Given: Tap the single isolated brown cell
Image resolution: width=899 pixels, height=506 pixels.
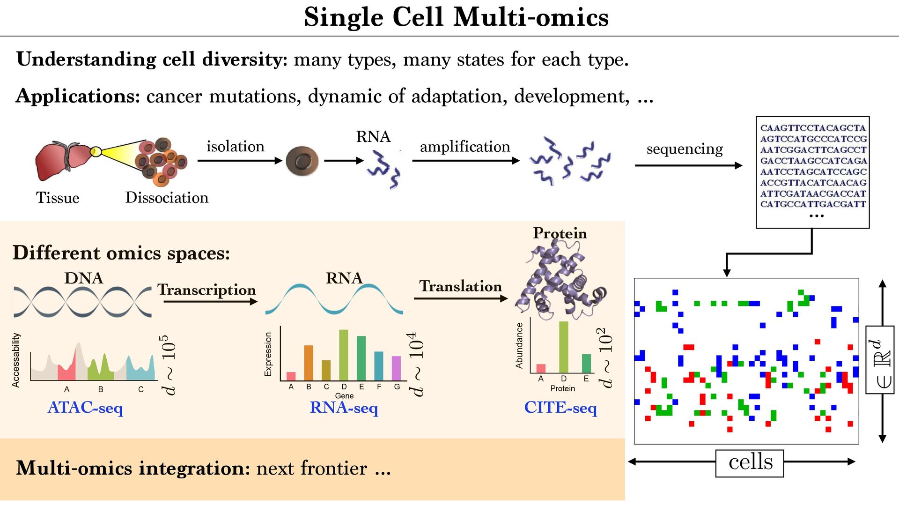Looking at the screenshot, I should [302, 161].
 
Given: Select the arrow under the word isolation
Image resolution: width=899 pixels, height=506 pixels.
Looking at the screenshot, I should [239, 161].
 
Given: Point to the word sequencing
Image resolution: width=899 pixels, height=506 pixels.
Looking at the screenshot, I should [685, 149].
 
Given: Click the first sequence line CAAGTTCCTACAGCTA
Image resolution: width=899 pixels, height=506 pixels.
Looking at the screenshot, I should [813, 128].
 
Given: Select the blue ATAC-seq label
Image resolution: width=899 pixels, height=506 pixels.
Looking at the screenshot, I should [85, 408].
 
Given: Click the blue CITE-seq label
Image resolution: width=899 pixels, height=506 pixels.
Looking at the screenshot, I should [560, 408].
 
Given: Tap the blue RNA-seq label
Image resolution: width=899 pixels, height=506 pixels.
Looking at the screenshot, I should [344, 408].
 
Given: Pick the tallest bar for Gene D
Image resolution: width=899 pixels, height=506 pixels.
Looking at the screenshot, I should [344, 355].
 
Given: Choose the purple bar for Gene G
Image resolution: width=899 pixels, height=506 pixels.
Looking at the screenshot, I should [397, 368].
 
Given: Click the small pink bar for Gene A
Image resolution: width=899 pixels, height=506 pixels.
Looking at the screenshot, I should [291, 376].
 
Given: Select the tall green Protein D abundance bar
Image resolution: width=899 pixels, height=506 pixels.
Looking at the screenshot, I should [564, 347].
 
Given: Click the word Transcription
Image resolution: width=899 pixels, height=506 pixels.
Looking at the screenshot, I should [206, 290].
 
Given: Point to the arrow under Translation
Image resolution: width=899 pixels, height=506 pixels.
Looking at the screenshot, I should [460, 298].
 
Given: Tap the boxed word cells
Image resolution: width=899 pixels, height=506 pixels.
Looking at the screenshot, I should [750, 462].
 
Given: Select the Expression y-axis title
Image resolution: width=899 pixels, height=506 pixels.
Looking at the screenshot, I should [268, 354].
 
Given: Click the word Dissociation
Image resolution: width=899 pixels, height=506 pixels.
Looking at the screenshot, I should [167, 198].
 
